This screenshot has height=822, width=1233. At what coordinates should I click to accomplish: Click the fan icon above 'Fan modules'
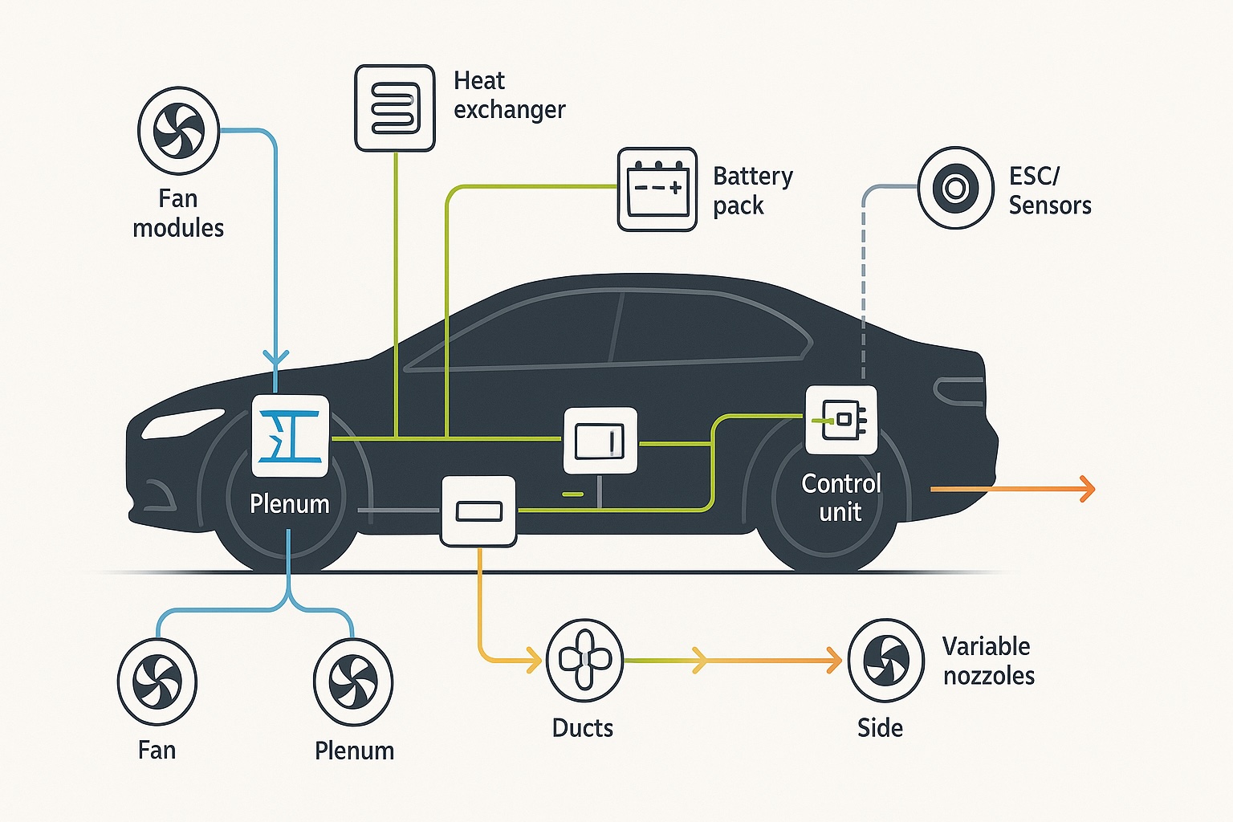click(x=178, y=131)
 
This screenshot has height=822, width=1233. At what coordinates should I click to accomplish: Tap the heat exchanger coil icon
click(x=395, y=108)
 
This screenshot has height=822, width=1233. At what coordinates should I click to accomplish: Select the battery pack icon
click(x=657, y=189)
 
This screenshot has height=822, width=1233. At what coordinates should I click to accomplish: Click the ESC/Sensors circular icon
click(x=955, y=188)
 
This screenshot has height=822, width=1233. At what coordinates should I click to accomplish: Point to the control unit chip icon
click(x=841, y=420)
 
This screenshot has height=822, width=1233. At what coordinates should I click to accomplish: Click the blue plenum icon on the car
click(x=291, y=436)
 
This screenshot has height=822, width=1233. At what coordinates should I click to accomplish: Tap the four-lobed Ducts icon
click(x=584, y=660)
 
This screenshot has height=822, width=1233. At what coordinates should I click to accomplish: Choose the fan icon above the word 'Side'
click(x=886, y=660)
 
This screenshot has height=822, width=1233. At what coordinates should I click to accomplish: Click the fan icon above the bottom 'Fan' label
click(x=157, y=681)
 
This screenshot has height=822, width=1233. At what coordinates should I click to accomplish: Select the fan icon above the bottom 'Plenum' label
click(x=353, y=682)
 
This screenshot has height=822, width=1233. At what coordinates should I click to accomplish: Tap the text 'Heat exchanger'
click(x=509, y=95)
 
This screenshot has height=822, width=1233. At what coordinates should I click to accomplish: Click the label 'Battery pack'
click(x=752, y=190)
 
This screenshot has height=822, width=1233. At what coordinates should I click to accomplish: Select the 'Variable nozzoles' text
click(x=988, y=661)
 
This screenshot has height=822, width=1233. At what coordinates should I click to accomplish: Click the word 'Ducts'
click(x=583, y=728)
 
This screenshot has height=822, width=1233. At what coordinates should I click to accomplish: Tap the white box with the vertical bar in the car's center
click(x=600, y=441)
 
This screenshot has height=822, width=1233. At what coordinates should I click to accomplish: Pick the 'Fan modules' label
click(x=178, y=213)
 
